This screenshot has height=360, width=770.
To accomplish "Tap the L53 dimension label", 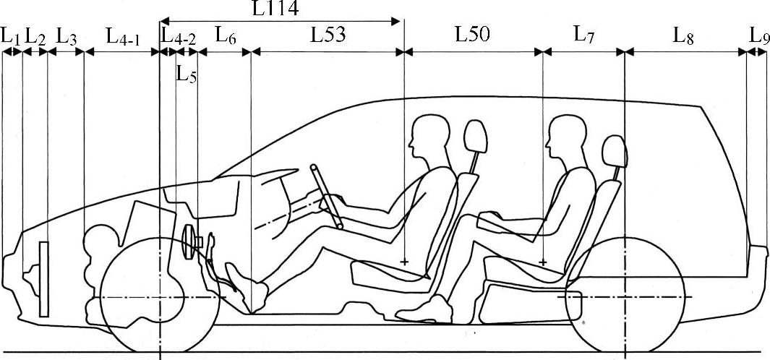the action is (x=328, y=35).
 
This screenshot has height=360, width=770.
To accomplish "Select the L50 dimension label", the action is (x=473, y=35).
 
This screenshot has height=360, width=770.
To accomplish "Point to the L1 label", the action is (x=10, y=35).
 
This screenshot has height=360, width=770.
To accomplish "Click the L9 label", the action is (x=758, y=35).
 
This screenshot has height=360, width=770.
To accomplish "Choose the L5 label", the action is (x=187, y=74).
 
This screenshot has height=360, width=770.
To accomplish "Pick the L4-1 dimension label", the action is (x=122, y=36).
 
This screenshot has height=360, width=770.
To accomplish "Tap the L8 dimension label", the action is (x=683, y=35).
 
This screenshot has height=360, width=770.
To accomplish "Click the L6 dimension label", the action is (x=226, y=35).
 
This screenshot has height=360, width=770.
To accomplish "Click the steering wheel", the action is (x=327, y=197).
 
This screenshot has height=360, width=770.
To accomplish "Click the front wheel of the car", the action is (x=160, y=297).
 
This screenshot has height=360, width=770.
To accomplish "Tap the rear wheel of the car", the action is (x=625, y=297).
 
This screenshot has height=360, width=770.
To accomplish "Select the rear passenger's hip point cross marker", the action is (x=543, y=261).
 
